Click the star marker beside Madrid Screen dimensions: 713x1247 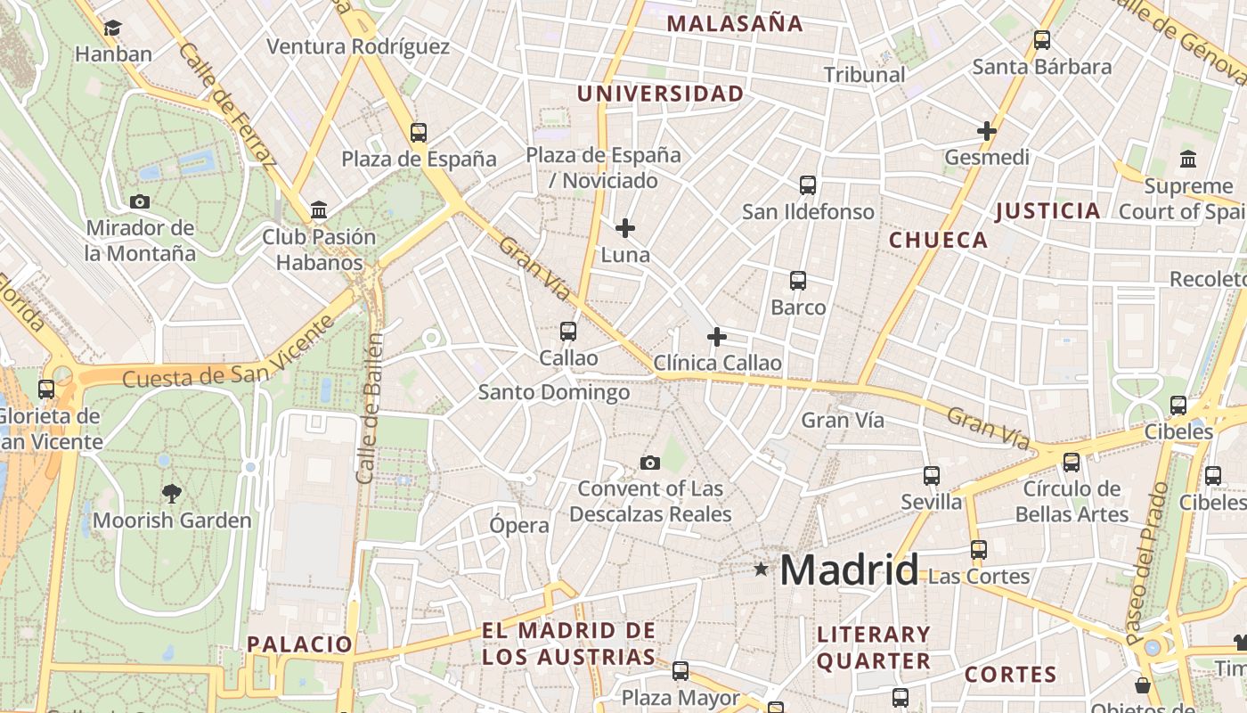coord(761,569)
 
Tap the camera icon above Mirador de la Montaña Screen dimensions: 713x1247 coord(140,201)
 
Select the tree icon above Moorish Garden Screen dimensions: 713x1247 coord(172,493)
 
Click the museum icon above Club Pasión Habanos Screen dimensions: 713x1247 coord(319,210)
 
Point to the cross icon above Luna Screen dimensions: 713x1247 coord(625,228)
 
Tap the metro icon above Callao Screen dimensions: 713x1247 coord(568,332)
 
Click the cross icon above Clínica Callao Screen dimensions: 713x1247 coord(717,337)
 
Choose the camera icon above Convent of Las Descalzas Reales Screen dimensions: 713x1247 coord(650,463)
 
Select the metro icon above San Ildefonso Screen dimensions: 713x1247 coord(808,185)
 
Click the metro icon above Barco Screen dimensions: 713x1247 coord(798,281)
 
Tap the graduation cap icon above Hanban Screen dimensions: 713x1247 coord(113,29)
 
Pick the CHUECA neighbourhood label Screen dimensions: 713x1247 coord(938,240)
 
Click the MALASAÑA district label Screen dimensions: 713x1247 coord(735,24)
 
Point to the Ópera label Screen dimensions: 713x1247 coord(518,525)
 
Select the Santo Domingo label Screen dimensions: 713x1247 coord(554,392)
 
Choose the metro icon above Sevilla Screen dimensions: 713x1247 coord(932,476)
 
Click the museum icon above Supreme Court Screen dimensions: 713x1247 coord(1188,160)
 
